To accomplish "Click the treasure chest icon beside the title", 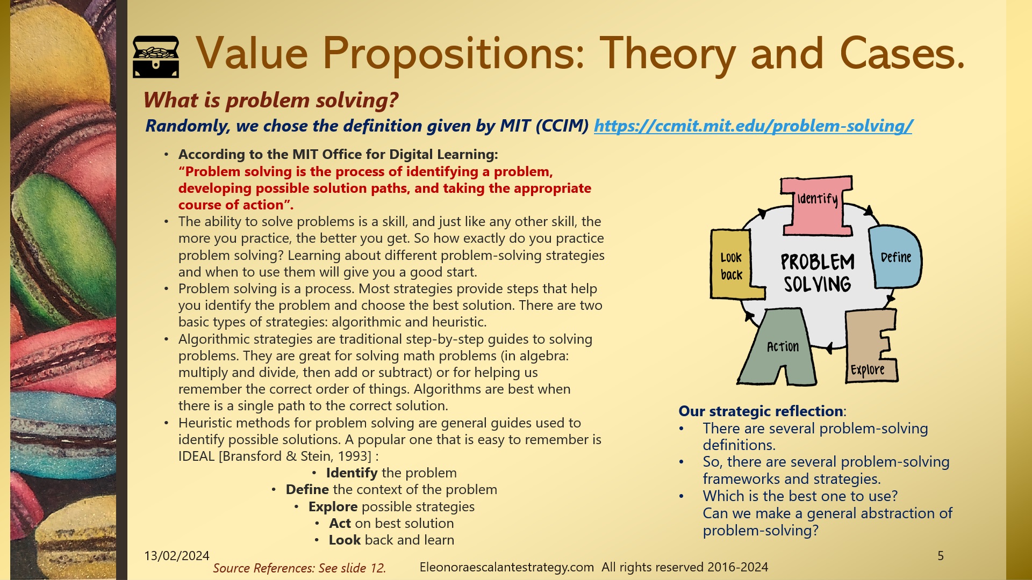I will [156, 56].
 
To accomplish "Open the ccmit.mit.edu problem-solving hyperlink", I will [752, 126].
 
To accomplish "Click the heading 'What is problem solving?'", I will [271, 100].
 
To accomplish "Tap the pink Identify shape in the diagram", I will [817, 207].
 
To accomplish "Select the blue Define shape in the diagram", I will [895, 258].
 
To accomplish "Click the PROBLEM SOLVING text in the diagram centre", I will [817, 273].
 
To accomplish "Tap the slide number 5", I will [941, 556].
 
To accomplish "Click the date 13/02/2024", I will [177, 556].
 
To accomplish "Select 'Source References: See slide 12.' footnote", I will [299, 568].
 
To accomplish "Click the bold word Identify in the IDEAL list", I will [352, 473].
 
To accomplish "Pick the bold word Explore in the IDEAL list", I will [333, 507].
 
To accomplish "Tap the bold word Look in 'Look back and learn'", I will [345, 540].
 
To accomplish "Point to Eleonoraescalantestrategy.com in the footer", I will [506, 568].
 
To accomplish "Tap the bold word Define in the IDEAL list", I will [307, 490].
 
